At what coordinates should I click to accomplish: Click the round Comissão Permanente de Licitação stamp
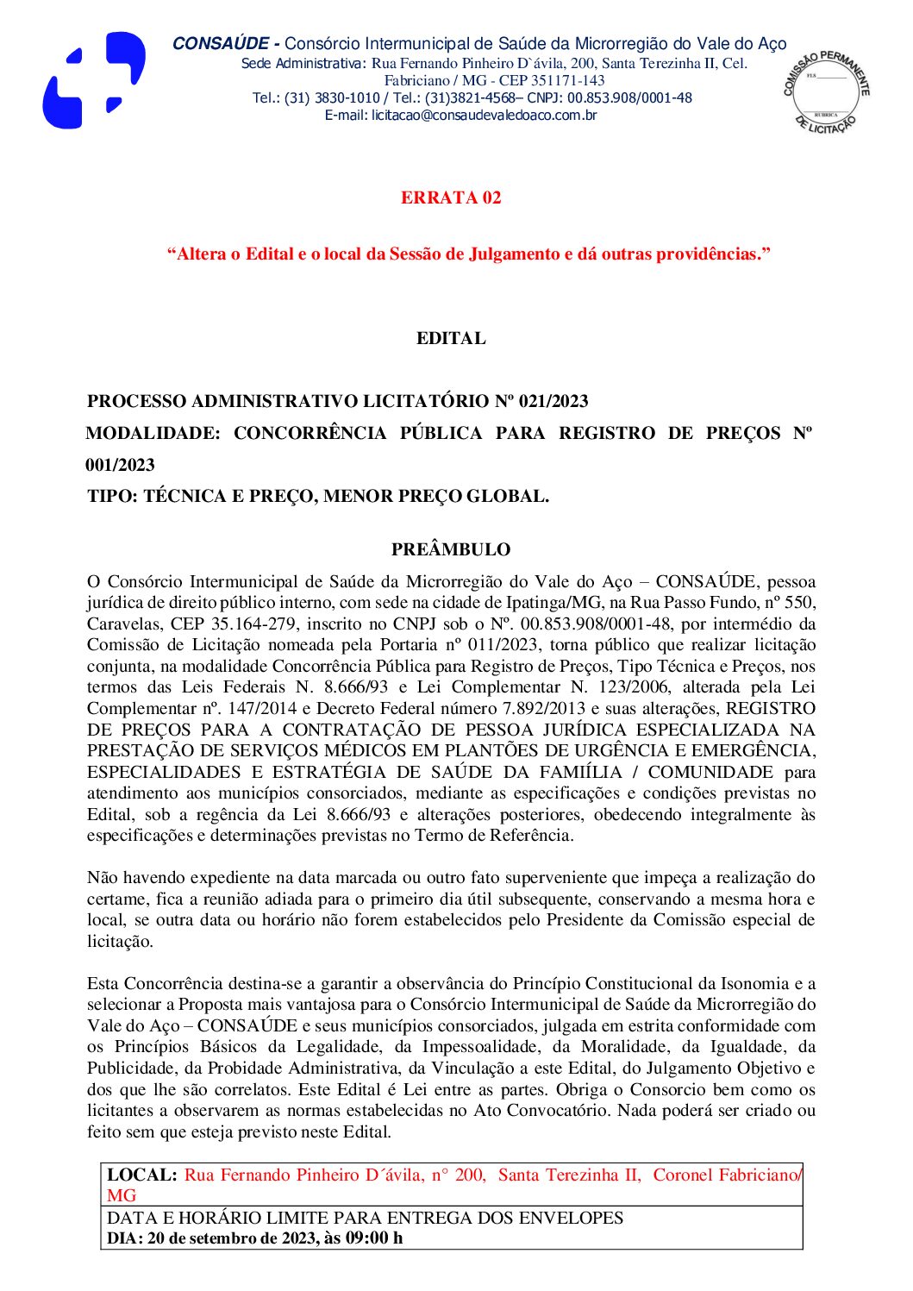pyautogui.click(x=826, y=91)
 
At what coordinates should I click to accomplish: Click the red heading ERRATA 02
pyautogui.click(x=451, y=198)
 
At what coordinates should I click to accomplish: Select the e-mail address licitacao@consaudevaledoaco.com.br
pyautogui.click(x=484, y=116)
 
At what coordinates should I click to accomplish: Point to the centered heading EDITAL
pyautogui.click(x=451, y=339)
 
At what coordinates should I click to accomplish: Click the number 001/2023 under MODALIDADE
pyautogui.click(x=121, y=466)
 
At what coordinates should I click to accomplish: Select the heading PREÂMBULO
pyautogui.click(x=451, y=550)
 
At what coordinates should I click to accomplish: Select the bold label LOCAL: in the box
pyautogui.click(x=142, y=1175)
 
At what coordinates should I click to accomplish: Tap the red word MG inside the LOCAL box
pyautogui.click(x=122, y=1196)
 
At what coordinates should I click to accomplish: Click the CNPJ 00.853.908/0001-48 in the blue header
pyautogui.click(x=629, y=98)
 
